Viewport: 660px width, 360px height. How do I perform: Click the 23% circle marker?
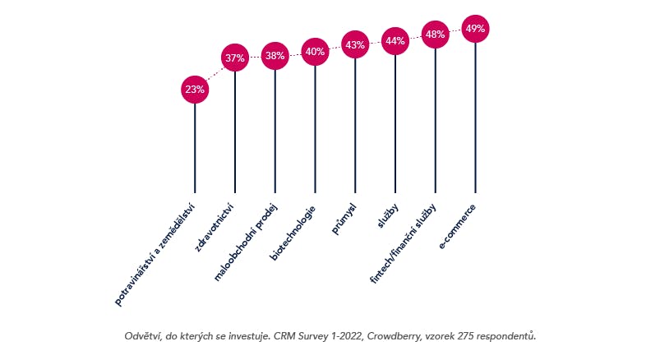[x=195, y=90]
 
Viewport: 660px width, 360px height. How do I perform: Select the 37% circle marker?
[x=235, y=58]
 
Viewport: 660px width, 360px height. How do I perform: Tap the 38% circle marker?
[x=275, y=57]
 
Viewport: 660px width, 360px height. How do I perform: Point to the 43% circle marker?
[x=355, y=45]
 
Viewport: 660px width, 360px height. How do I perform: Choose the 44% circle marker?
[x=395, y=41]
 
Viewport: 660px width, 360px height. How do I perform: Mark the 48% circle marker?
[x=436, y=35]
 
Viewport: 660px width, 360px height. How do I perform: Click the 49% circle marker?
[x=475, y=29]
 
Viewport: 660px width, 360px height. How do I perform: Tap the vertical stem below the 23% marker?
[x=195, y=148]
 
